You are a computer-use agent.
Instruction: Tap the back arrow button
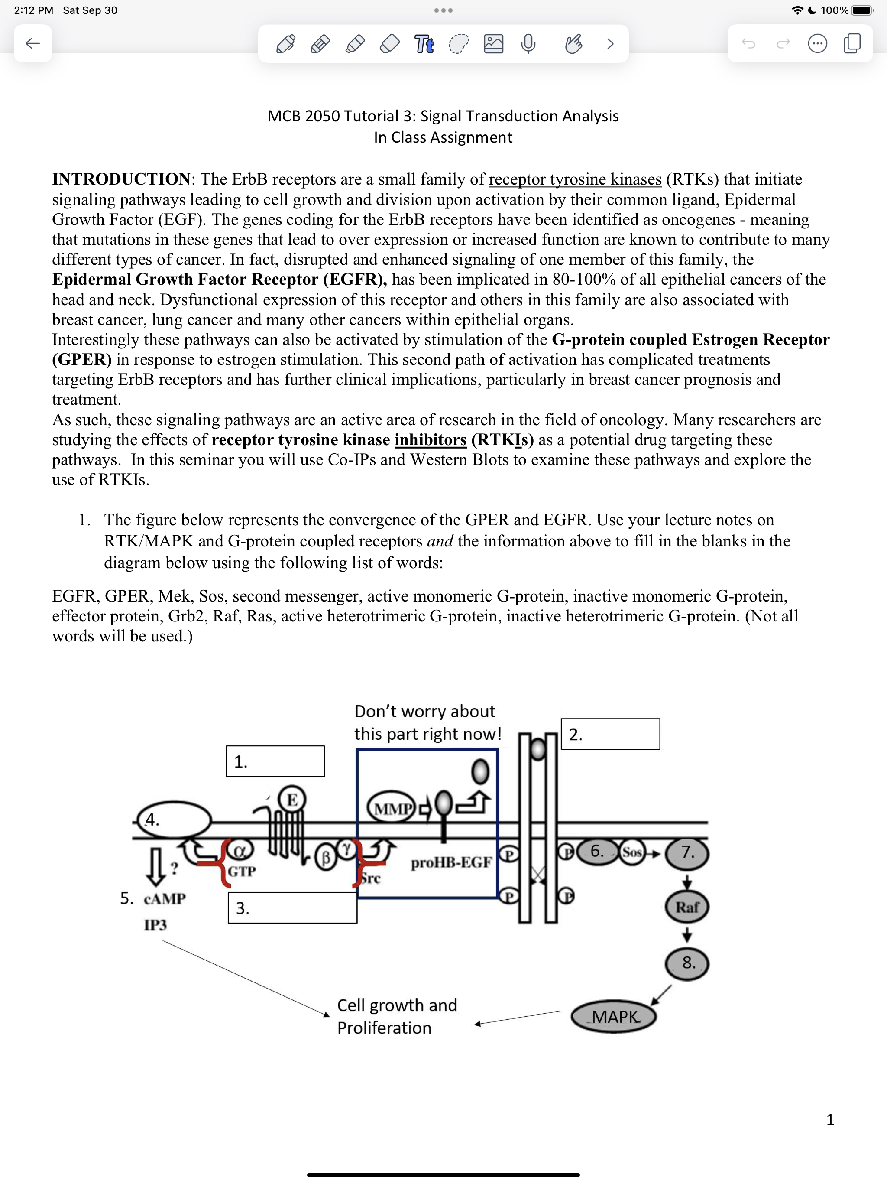[32, 43]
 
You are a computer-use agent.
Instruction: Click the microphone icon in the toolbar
[528, 43]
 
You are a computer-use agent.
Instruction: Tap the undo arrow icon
[748, 43]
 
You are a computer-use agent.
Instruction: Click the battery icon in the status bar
[862, 10]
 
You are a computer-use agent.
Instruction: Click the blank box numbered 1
[275, 761]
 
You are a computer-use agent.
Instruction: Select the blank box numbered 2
[610, 733]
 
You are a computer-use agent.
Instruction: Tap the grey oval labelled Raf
[687, 907]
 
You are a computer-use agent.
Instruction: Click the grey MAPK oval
[614, 1016]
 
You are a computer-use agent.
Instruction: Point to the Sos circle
[632, 852]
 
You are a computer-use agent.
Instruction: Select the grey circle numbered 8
[687, 963]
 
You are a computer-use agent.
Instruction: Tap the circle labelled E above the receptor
[292, 800]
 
